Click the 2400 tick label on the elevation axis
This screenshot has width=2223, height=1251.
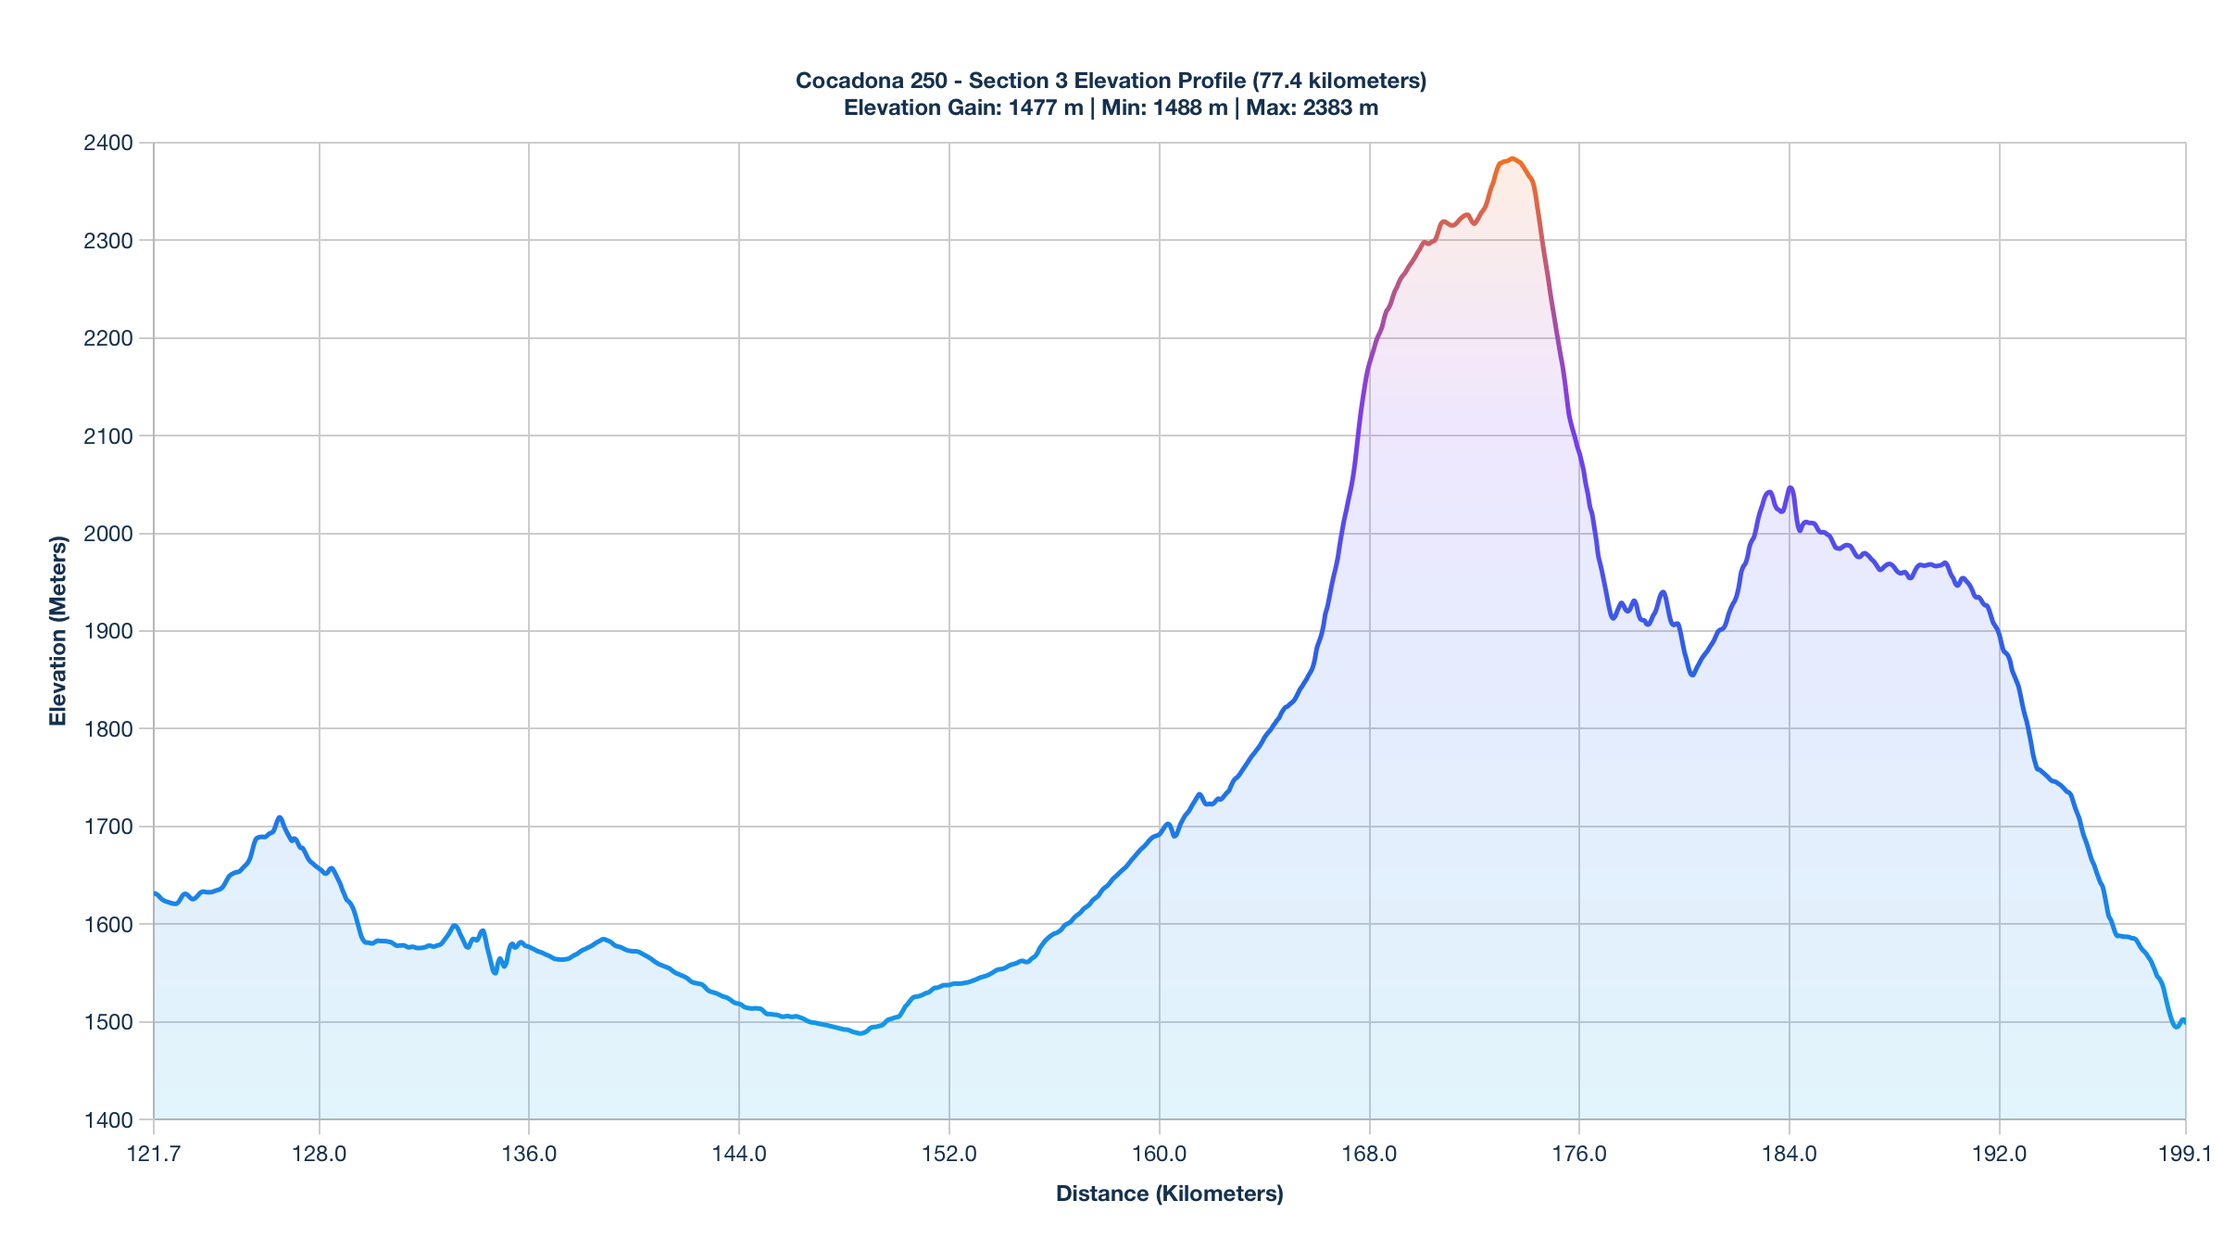pyautogui.click(x=108, y=143)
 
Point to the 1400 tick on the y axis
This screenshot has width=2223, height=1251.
pyautogui.click(x=108, y=1119)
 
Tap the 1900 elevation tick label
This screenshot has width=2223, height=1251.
pyautogui.click(x=108, y=631)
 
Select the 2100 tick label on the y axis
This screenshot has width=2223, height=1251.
pyautogui.click(x=108, y=436)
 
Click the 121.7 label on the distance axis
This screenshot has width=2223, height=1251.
pyautogui.click(x=154, y=1154)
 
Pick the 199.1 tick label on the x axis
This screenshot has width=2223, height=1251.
pyautogui.click(x=2185, y=1154)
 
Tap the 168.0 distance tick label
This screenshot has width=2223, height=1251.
pyautogui.click(x=1369, y=1154)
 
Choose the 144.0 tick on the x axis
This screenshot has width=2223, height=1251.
pyautogui.click(x=739, y=1154)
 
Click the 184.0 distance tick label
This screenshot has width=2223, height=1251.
pyautogui.click(x=1790, y=1154)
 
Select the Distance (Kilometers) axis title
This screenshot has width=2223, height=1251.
pyautogui.click(x=1169, y=1194)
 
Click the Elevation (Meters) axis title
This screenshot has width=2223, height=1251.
pyautogui.click(x=58, y=630)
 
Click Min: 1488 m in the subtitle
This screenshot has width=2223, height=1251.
pyautogui.click(x=1164, y=107)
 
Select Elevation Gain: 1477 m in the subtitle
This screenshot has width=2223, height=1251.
pyautogui.click(x=963, y=107)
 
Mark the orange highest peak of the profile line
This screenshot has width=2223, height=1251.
pyautogui.click(x=1512, y=158)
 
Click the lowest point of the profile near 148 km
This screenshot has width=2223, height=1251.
pyautogui.click(x=860, y=1033)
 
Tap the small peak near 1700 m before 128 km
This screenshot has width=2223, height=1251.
pyautogui.click(x=280, y=817)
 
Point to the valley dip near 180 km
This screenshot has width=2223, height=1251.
pyautogui.click(x=1692, y=675)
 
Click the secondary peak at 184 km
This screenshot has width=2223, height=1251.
pyautogui.click(x=1790, y=487)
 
